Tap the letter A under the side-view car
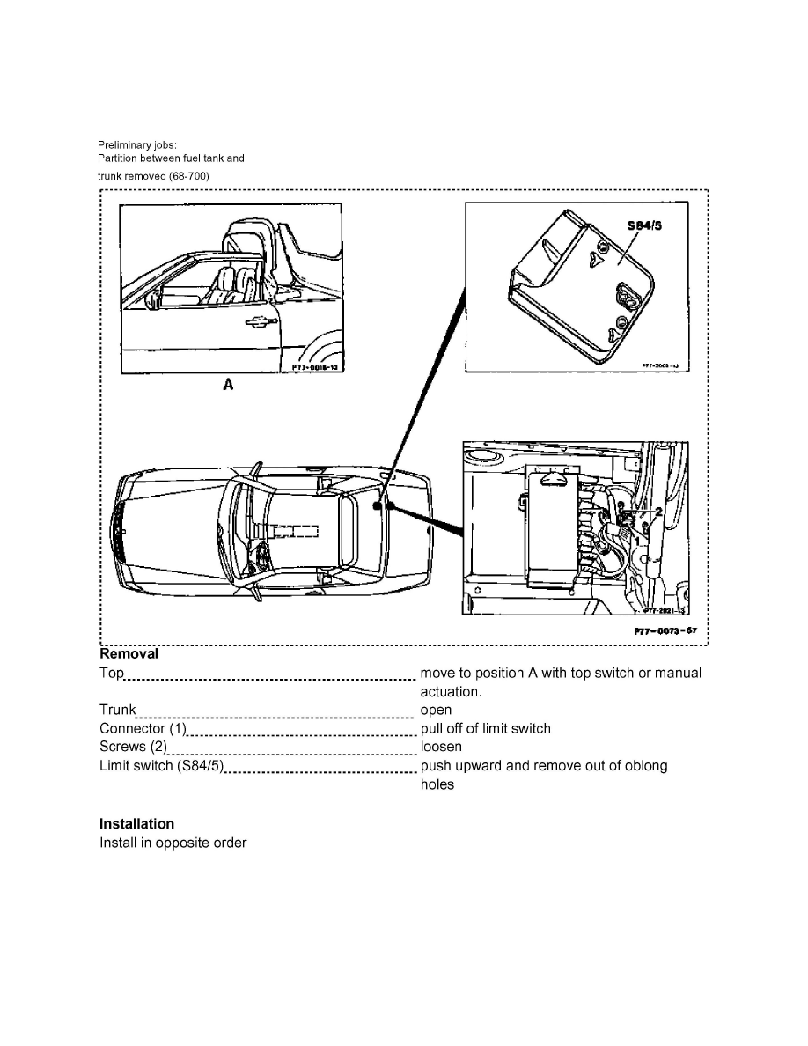pos(227,384)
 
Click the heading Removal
pos(129,654)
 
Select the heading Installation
pos(136,824)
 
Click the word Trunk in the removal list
pos(118,710)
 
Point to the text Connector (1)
pos(143,728)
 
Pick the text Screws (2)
pos(133,747)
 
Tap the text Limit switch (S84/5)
pos(162,765)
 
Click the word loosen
pos(441,747)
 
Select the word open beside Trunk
pos(436,710)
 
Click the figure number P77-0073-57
pos(667,631)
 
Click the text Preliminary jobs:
pos(137,145)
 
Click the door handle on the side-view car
pos(257,322)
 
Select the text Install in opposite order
pos(173,843)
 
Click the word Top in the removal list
pos(112,674)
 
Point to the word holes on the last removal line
pos(437,784)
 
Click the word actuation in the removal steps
pos(451,691)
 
